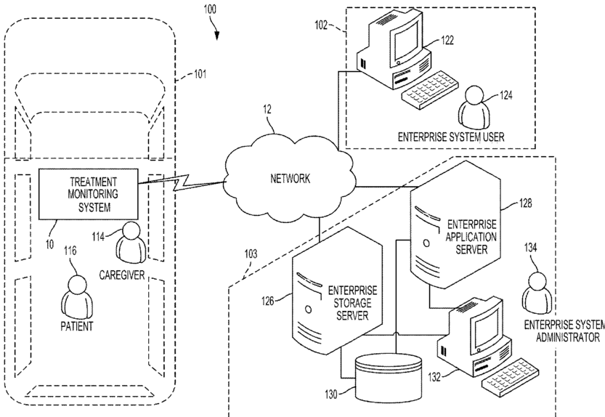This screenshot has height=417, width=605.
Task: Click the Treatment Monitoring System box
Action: point(89,194)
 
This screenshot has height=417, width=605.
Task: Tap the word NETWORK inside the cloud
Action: point(291,179)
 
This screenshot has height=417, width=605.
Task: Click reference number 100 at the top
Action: point(210,9)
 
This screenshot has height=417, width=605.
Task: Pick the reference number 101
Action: point(200,73)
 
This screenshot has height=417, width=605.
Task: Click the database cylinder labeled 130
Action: point(388,378)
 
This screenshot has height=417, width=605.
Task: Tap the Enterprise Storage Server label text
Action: point(352,303)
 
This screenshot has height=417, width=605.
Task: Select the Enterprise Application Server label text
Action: point(471,237)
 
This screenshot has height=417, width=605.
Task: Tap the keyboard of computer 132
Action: point(511,376)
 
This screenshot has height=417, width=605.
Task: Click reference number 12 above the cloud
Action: point(267,110)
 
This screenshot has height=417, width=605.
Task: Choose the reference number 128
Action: point(525,203)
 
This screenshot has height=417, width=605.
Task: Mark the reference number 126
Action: point(268,300)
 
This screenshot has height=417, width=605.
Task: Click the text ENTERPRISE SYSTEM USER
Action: point(450,137)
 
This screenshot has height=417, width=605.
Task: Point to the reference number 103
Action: point(251,254)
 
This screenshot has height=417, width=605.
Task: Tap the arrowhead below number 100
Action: point(217,36)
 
